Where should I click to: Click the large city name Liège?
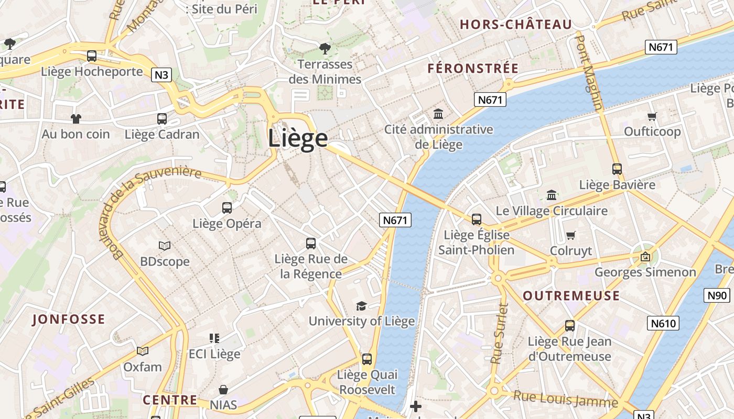pos(298,138)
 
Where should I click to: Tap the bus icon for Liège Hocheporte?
pos(92,56)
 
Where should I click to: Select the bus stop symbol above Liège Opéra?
pos(227,208)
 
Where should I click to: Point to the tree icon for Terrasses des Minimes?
pos(325,49)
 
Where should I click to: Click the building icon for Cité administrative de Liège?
pos(438,114)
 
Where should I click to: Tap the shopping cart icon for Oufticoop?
pos(652,116)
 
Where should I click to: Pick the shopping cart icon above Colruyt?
pos(571,235)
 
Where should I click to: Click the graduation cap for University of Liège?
pos(361,306)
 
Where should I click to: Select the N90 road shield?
pos(717,295)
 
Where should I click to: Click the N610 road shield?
pos(663,323)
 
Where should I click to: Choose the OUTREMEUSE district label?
pos(571,296)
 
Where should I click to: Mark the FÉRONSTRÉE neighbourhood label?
pos(473,69)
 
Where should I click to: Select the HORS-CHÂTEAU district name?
pos(515,25)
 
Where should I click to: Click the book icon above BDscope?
pos(165,246)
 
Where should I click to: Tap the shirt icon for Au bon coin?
pos(76,119)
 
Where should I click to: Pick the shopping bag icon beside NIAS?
pos(223,390)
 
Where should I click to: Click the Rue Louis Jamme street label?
pos(565,399)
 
